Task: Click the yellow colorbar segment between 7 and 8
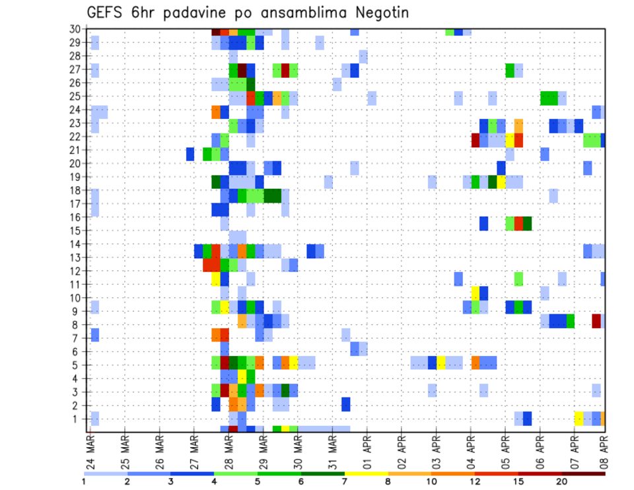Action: tap(367, 473)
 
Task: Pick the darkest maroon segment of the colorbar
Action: tap(583, 473)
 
